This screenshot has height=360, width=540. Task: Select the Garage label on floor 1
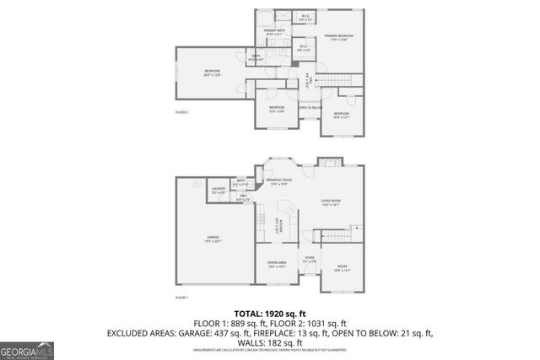(213, 239)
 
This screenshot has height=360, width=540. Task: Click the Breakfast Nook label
(279, 180)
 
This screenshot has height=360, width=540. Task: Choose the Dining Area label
(277, 264)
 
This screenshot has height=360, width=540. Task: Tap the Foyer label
(309, 260)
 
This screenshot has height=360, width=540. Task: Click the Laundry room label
(219, 191)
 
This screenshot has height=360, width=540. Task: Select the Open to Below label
(310, 108)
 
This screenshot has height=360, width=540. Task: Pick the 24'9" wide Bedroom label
(211, 73)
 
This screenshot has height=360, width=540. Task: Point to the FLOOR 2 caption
(181, 112)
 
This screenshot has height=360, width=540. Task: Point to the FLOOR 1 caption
(181, 298)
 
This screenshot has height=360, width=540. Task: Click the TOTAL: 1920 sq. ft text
(269, 311)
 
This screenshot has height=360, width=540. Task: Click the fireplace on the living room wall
(327, 162)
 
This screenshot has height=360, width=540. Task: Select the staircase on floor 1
(342, 230)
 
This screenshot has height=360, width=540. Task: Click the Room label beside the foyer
(342, 269)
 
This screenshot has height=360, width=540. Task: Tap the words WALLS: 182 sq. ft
(269, 343)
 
